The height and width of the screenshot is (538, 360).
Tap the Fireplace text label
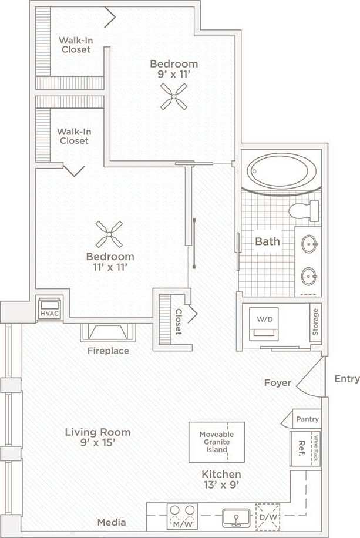108,351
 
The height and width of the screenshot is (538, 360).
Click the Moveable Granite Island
217,441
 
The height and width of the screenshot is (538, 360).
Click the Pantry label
307,419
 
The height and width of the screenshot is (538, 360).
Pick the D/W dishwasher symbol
268,517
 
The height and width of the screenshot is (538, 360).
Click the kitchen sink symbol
235,517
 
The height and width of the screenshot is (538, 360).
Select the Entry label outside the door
346,379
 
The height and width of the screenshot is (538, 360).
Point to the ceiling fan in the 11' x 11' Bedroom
110,234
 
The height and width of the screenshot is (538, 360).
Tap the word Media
111,522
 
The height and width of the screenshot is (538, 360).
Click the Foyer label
277,383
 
